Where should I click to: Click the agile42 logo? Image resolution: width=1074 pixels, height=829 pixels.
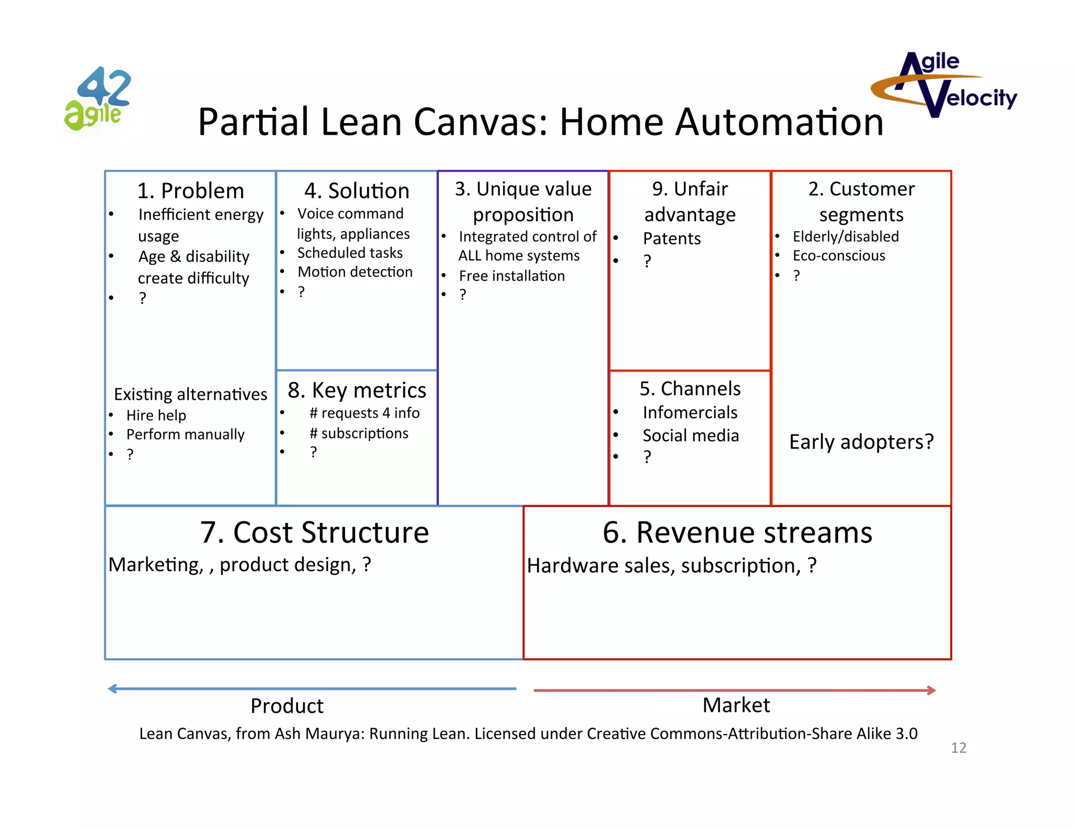pos(98,99)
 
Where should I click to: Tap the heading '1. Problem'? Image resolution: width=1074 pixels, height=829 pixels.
pos(190,191)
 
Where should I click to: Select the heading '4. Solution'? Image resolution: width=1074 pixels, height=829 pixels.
pos(357,191)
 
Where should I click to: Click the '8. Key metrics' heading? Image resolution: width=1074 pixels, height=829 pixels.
pos(357,390)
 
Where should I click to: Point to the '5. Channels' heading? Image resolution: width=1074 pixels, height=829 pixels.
pos(690,389)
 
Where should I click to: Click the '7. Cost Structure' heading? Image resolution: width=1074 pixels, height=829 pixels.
pos(314,532)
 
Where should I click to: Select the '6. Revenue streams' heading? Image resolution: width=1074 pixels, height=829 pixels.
pos(737,532)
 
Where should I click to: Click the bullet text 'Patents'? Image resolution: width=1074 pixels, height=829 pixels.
pos(672,238)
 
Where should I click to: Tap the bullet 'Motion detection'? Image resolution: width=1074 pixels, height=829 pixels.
pos(355,272)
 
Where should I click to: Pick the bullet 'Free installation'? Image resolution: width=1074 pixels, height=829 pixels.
pos(512,276)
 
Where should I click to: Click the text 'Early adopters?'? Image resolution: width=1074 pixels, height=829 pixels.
pos(861,442)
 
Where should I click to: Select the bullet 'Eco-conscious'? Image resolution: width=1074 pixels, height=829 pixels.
pos(839,256)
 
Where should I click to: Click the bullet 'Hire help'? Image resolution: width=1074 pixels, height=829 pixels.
pos(156,416)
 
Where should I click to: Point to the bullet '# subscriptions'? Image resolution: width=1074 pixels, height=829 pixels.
pos(359,433)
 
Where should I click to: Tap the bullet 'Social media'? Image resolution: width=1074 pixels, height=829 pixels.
pos(691,435)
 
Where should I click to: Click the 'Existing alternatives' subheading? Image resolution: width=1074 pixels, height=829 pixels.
pos(190,394)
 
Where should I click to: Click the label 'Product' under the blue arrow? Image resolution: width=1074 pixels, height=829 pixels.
pos(287,706)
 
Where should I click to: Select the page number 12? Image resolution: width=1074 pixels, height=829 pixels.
pos(958,748)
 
